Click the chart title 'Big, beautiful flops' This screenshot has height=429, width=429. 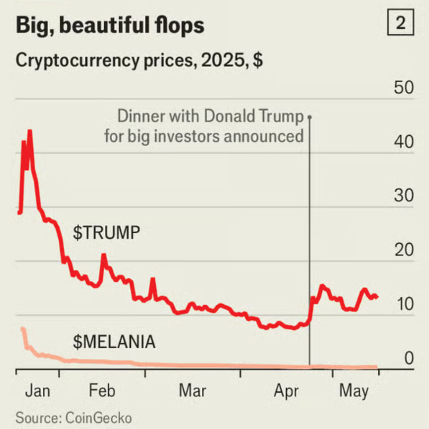[110, 26]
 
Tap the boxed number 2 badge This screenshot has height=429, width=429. [400, 24]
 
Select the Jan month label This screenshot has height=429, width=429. [38, 391]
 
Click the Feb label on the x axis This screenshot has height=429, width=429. [102, 391]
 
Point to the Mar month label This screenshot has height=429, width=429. [193, 391]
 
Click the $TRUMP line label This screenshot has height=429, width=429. [107, 233]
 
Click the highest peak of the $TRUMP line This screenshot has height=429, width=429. [30, 131]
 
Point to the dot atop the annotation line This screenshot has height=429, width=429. [310, 117]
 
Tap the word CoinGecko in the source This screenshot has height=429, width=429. [98, 418]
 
